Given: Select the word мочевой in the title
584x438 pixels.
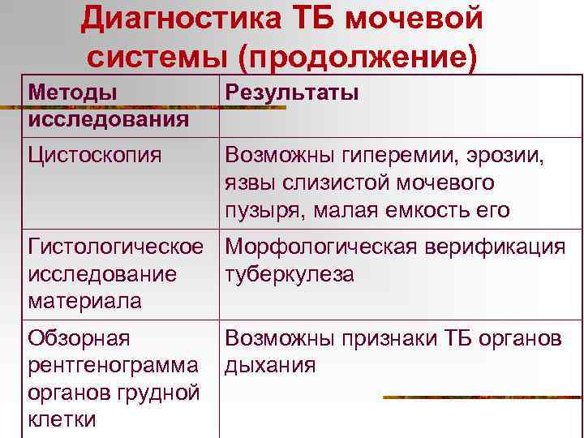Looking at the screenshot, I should click(x=416, y=18).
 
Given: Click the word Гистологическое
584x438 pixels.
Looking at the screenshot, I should click(x=114, y=247).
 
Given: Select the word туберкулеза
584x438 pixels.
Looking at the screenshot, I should click(x=289, y=274).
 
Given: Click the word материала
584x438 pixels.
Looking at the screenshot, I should click(x=84, y=302).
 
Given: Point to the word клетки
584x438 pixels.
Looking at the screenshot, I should click(x=62, y=420).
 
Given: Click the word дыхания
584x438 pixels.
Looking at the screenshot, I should click(x=270, y=366).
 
